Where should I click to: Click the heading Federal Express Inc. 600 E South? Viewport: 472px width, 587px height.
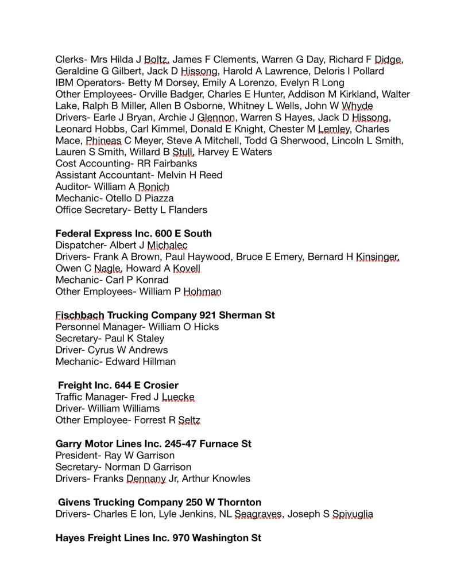134,234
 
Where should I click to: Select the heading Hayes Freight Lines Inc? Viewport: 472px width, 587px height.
158,539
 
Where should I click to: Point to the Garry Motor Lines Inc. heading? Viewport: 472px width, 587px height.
153,444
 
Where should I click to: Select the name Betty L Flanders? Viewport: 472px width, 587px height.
171,210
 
